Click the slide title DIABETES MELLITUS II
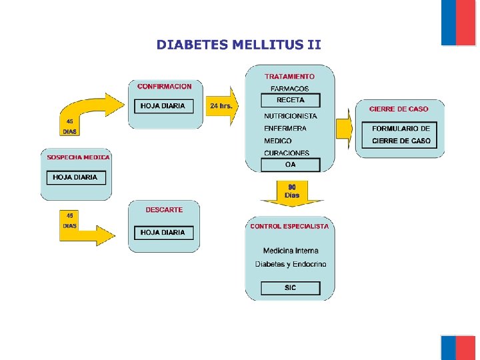click(239, 45)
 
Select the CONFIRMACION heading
click(164, 87)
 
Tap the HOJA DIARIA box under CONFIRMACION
click(163, 106)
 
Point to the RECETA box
click(290, 101)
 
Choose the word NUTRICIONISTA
click(290, 116)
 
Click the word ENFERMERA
click(285, 129)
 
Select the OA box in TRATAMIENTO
click(290, 165)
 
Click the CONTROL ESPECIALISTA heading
click(289, 227)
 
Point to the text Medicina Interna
click(291, 251)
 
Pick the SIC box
click(290, 288)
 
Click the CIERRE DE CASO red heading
click(399, 109)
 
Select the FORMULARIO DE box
click(401, 128)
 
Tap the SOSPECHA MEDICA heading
click(78, 157)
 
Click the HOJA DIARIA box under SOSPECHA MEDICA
click(75, 177)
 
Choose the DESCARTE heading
click(164, 210)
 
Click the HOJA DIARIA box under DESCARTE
click(163, 233)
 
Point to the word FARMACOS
click(290, 89)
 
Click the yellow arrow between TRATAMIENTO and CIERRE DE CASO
click(344, 128)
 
